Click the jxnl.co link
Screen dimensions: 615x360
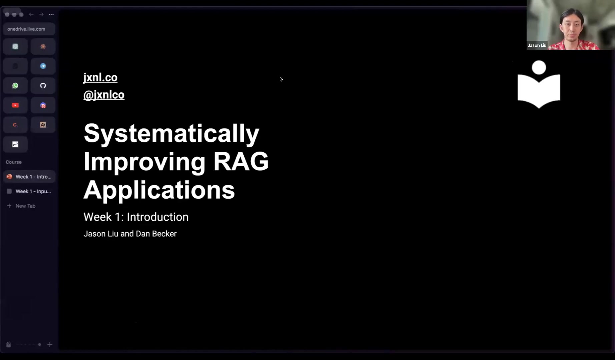click(x=100, y=77)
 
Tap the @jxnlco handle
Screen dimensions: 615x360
click(x=104, y=95)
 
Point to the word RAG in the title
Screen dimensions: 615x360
click(x=241, y=161)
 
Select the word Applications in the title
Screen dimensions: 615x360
click(x=159, y=190)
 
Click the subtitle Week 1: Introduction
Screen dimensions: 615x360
click(x=136, y=217)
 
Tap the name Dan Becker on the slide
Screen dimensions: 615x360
click(x=156, y=234)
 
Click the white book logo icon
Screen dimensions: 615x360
click(x=539, y=84)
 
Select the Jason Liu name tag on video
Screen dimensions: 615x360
click(x=537, y=45)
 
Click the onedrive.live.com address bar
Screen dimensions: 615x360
click(x=29, y=29)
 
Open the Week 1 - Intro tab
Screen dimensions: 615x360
click(x=29, y=177)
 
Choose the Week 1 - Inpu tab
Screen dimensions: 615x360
click(x=29, y=191)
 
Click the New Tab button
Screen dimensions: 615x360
click(x=21, y=206)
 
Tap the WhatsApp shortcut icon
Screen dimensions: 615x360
click(x=15, y=86)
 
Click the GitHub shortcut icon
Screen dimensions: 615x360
click(x=43, y=86)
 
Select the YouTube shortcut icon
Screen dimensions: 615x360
click(x=15, y=105)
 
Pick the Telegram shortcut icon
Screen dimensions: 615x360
click(x=43, y=66)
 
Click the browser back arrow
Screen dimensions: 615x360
click(x=31, y=14)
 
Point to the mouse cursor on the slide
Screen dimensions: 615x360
click(x=281, y=79)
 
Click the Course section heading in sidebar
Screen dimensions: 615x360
click(x=14, y=162)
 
